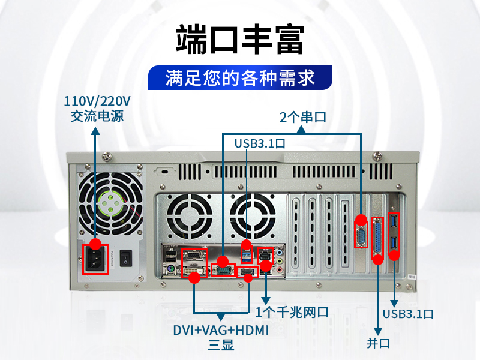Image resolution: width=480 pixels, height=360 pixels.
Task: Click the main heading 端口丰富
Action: point(240,40)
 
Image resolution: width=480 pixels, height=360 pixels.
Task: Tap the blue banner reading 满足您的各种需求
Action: point(240,78)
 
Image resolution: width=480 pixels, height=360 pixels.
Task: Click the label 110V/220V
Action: point(97,101)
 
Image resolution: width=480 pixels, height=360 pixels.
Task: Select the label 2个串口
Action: point(303,117)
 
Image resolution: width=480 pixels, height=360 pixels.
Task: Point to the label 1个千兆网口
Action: point(292,312)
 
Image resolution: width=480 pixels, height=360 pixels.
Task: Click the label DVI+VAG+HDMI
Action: point(221,331)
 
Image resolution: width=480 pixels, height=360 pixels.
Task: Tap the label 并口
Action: point(378,343)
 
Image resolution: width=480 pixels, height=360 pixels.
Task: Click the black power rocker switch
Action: point(125,258)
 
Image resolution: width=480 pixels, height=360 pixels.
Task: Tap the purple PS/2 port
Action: point(170,269)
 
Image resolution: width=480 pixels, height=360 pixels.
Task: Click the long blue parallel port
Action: point(378,238)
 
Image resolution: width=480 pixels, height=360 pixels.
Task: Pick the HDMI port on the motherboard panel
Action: point(247,272)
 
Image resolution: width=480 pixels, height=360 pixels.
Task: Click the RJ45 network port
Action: point(265,254)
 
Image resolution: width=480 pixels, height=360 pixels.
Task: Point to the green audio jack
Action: point(280,261)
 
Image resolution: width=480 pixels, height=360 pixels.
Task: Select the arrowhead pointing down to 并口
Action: point(378,332)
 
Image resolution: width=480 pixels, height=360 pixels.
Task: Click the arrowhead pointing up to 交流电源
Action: point(96,131)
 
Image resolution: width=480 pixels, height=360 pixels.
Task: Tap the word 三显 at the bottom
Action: point(221,344)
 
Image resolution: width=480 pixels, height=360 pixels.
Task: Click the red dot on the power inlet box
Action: point(96,244)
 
